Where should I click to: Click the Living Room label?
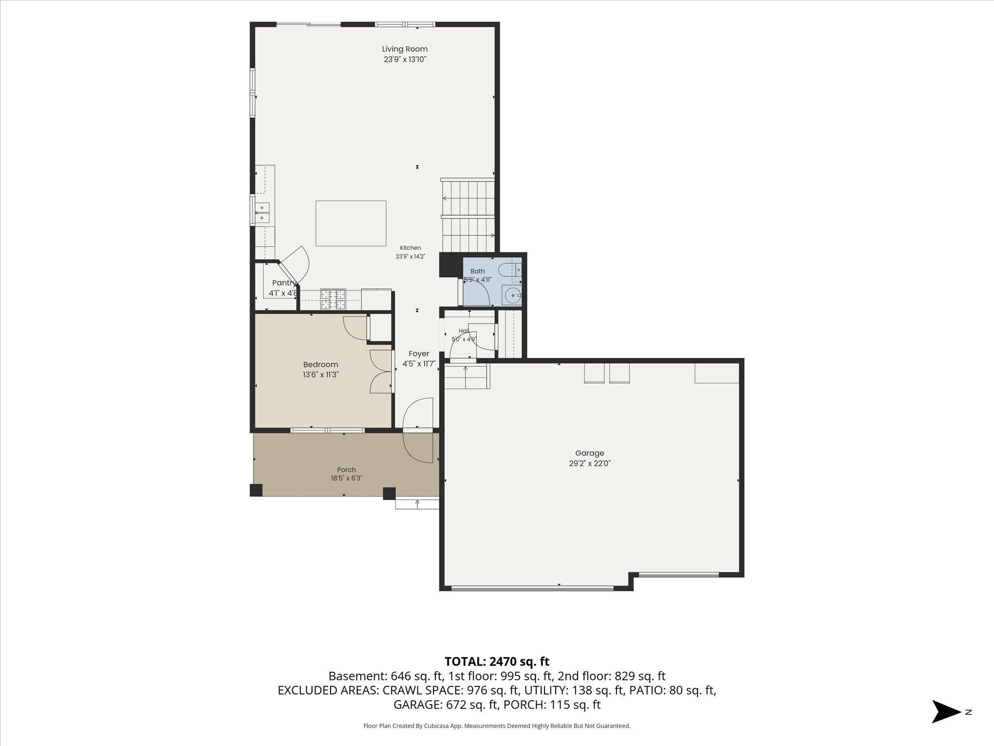coord(405,49)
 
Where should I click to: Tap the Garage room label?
coord(590,453)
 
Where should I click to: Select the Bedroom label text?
coord(320,365)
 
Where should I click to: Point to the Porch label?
coord(347,470)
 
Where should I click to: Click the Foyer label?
coord(419,354)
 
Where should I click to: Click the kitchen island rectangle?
coord(351,223)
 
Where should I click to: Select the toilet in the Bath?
coord(510,269)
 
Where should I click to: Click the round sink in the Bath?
coord(512,295)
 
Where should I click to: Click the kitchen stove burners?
coord(333,299)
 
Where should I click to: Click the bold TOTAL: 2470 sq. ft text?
coord(497,661)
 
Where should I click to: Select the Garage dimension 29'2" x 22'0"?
coord(590,463)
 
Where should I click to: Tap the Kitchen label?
coord(410,248)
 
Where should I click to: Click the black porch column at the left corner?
coord(256,490)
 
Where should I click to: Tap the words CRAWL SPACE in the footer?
coord(422,690)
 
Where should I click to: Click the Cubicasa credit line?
coord(497,726)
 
